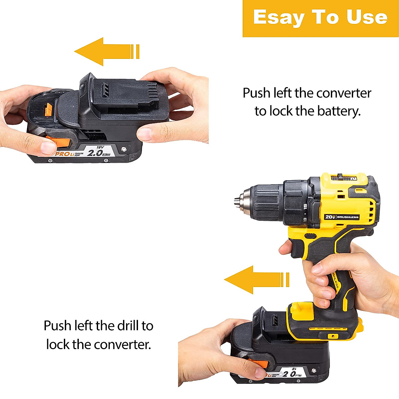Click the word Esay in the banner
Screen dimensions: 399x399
pos(278,18)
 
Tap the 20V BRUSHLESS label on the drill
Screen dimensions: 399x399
pos(341,217)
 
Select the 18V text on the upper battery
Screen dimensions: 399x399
pos(100,147)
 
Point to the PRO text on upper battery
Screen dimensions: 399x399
pos(61,154)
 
